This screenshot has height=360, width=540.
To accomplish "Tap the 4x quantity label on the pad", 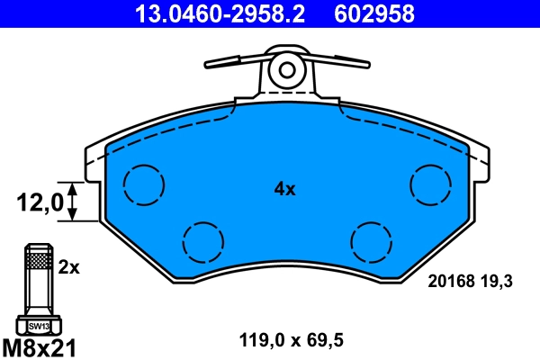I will point(284,189).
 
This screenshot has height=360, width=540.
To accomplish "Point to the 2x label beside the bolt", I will point(69,267).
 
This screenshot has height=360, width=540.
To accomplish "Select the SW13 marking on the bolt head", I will point(38,326).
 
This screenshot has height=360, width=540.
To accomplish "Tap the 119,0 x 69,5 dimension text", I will point(291,340).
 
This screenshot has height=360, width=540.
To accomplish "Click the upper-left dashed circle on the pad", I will point(144,185).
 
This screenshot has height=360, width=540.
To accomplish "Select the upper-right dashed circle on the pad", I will point(431,185).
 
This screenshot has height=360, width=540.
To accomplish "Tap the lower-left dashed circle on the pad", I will point(202,241).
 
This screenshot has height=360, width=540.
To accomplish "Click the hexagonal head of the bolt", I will point(38,325).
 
